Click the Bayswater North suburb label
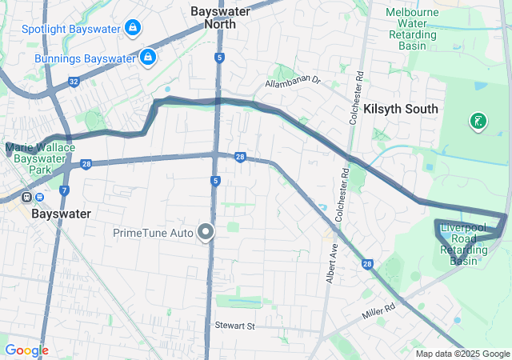tap(219, 18)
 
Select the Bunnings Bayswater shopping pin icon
tap(147, 57)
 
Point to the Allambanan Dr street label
tap(293, 82)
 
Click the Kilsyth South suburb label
tap(401, 109)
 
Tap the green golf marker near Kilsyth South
tap(478, 121)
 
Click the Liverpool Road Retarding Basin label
tap(464, 244)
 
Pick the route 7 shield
tap(64, 190)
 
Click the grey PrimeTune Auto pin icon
tap(206, 232)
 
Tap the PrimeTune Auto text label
tap(153, 233)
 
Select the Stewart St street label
tap(234, 326)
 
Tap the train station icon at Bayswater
tap(27, 197)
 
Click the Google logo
tap(26, 350)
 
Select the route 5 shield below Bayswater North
tap(219, 58)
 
